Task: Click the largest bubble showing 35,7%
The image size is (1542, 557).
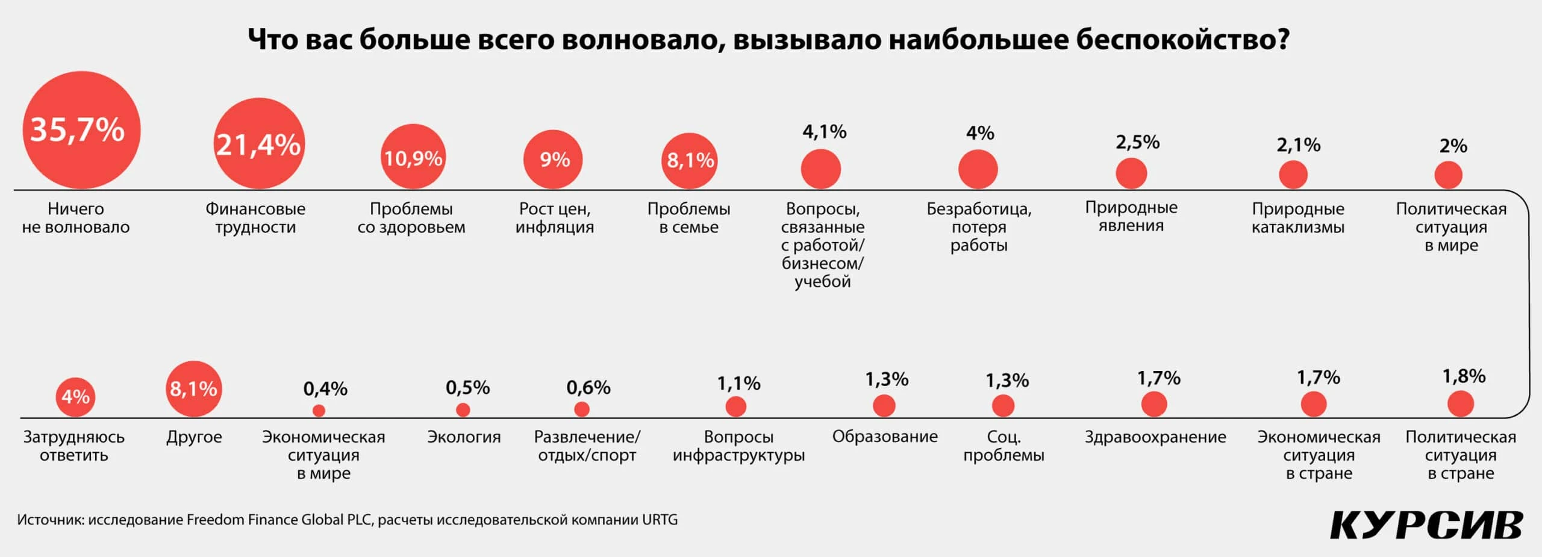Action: click(81, 129)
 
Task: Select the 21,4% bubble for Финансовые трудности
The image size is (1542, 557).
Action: click(259, 144)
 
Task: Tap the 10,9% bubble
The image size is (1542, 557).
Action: click(413, 157)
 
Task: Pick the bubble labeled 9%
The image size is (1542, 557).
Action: click(554, 159)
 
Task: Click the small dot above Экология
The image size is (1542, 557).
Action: click(463, 410)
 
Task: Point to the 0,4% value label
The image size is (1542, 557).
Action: click(325, 389)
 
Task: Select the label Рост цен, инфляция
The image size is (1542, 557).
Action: click(554, 218)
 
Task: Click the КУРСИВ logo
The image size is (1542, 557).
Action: click(1426, 525)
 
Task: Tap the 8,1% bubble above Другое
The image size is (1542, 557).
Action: click(193, 389)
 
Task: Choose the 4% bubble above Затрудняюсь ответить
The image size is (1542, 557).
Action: click(75, 396)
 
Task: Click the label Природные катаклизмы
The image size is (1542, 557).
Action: click(1297, 218)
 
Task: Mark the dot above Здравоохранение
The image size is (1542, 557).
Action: click(1154, 404)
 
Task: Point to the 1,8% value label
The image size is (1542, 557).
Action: click(1464, 376)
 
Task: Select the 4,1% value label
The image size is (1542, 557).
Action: click(824, 132)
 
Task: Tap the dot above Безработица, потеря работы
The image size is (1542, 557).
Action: click(978, 170)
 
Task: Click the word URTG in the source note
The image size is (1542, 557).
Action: click(660, 520)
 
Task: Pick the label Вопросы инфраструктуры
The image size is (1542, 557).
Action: click(738, 446)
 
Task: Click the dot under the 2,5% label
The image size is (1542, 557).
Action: click(1131, 173)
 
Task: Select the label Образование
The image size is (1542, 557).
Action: click(885, 437)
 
